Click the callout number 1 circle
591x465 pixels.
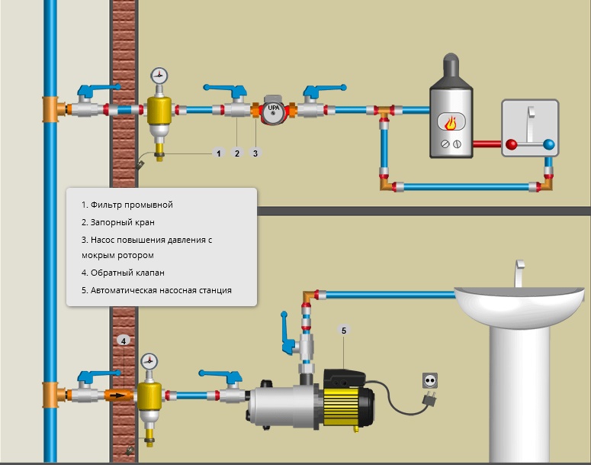click(x=219, y=153)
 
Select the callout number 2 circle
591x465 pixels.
click(x=237, y=153)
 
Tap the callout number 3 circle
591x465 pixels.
click(x=255, y=153)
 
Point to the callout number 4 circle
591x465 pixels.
click(x=123, y=339)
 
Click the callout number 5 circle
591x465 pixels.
click(x=344, y=331)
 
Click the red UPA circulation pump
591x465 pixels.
click(x=274, y=111)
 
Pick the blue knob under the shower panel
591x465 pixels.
click(x=549, y=144)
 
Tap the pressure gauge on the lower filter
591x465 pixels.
click(x=149, y=360)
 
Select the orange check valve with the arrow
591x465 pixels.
click(x=118, y=396)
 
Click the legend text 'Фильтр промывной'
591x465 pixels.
click(x=132, y=205)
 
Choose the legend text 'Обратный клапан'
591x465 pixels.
click(x=127, y=272)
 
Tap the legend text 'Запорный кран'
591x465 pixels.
click(x=123, y=222)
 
